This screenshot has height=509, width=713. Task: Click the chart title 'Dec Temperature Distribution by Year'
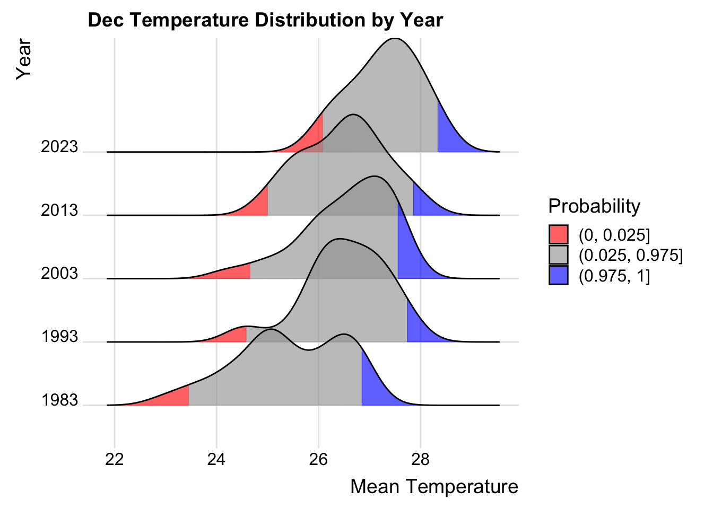(x=265, y=20)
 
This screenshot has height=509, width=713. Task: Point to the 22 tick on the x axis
(x=115, y=459)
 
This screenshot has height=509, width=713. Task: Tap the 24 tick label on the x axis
(x=216, y=459)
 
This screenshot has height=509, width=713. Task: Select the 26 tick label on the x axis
(x=318, y=459)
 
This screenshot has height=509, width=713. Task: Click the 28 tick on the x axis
(x=421, y=459)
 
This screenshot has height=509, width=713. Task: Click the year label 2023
(x=59, y=147)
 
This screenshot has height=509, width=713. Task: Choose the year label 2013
(x=59, y=210)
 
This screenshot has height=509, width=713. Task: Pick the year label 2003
(x=59, y=274)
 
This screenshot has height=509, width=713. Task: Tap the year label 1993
(x=59, y=337)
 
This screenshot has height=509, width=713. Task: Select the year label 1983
(x=59, y=400)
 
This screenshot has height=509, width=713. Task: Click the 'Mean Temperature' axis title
(x=434, y=486)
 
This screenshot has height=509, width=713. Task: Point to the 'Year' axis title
(x=24, y=59)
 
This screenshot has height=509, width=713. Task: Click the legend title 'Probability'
(x=594, y=206)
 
